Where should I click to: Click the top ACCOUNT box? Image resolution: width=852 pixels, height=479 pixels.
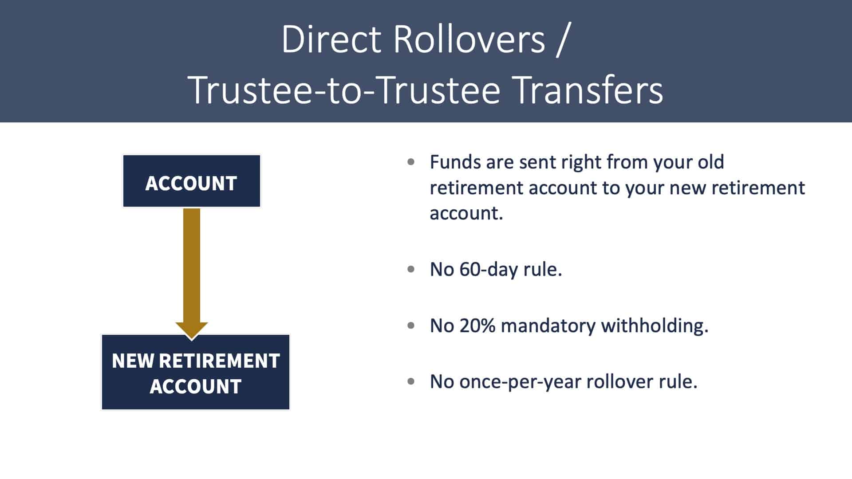pyautogui.click(x=192, y=181)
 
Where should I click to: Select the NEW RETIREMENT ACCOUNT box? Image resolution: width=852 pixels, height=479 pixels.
pyautogui.click(x=196, y=372)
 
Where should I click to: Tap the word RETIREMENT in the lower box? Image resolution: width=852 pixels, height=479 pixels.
pyautogui.click(x=219, y=361)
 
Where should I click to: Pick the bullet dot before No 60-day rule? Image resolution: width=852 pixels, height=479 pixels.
pyautogui.click(x=411, y=269)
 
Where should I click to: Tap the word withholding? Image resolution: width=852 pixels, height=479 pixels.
pyautogui.click(x=655, y=326)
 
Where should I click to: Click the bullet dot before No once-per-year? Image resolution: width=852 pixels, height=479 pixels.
pyautogui.click(x=411, y=381)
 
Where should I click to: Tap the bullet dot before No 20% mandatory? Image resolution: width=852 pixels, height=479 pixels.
pyautogui.click(x=411, y=325)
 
